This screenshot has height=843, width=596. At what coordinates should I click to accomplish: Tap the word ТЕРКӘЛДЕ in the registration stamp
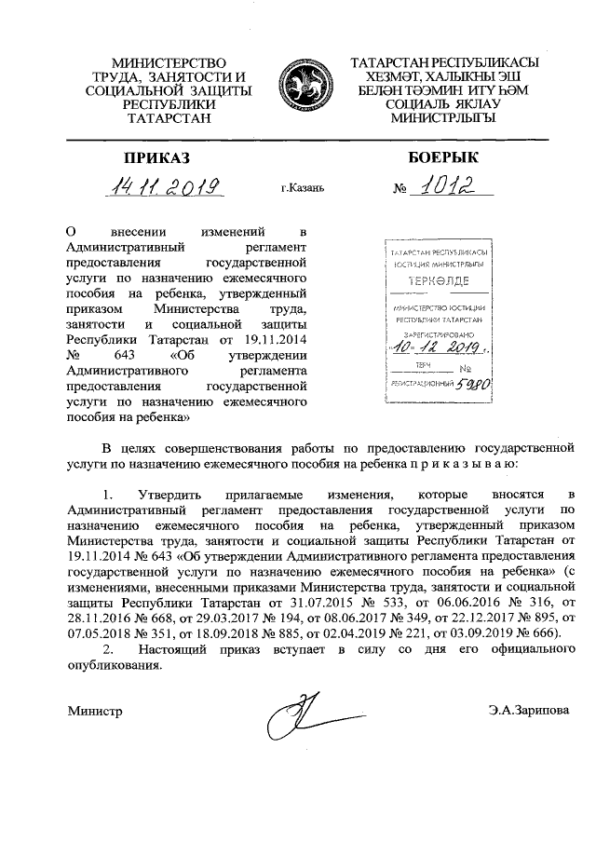click(x=439, y=280)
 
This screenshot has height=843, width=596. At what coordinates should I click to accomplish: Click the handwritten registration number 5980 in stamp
click(x=474, y=382)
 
